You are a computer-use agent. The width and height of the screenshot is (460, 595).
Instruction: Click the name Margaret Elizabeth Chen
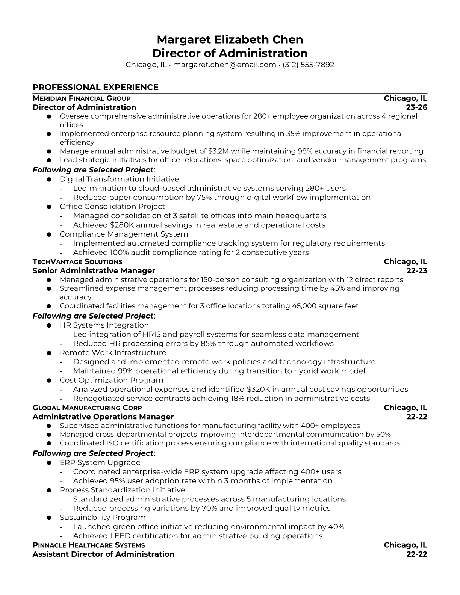(230, 39)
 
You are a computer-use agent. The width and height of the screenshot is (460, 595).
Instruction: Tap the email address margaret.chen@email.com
(224, 65)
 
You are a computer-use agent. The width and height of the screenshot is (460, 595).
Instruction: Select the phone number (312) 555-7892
(308, 65)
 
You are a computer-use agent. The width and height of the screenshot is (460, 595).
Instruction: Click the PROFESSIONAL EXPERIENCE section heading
(95, 87)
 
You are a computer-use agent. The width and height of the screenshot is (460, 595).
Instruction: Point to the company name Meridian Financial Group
(82, 98)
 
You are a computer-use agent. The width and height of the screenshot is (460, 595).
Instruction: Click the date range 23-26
(417, 107)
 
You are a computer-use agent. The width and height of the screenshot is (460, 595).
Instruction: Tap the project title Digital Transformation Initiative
(119, 179)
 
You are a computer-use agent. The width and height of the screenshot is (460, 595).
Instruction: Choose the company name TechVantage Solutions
(77, 262)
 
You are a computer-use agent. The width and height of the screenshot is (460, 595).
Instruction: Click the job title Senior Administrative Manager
(94, 271)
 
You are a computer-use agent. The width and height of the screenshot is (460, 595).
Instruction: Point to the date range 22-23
(417, 271)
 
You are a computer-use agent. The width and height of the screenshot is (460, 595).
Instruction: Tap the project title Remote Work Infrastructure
(113, 353)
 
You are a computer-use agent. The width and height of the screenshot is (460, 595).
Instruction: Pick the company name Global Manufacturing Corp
(87, 408)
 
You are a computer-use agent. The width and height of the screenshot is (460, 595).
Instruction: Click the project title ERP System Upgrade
(100, 462)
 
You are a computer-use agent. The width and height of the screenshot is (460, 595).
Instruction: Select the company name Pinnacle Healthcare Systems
(89, 545)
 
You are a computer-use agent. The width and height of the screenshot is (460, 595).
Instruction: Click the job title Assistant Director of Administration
(104, 554)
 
